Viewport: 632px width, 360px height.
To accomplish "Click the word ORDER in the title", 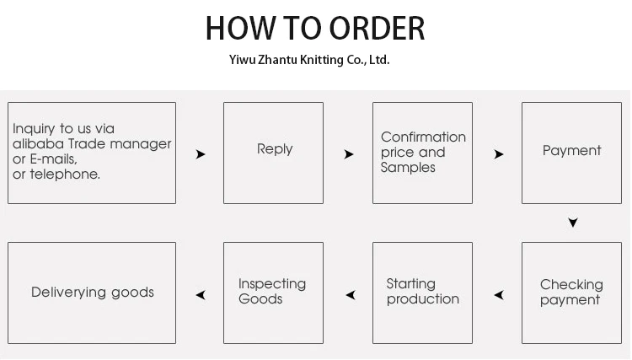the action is [377, 28].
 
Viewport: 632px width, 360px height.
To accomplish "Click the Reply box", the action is [274, 153].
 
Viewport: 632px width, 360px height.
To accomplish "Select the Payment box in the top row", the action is [571, 153].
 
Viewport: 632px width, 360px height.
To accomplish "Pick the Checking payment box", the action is [571, 293].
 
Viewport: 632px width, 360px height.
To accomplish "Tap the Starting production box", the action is [422, 293].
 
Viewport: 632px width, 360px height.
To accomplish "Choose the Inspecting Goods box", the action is [273, 293].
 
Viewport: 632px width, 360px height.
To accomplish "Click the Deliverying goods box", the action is [92, 293].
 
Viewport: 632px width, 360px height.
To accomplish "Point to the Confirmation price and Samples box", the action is [422, 153].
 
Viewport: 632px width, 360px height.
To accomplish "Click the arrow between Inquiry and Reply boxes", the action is [201, 154].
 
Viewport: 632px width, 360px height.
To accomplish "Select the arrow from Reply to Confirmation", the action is [349, 154].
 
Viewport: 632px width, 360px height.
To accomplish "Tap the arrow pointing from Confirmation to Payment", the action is [499, 154].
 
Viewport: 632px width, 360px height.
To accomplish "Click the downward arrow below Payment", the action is [573, 223].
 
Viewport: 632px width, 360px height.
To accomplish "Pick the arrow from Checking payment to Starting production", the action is [499, 295].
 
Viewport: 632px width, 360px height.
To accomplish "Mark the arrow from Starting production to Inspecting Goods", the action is [351, 295].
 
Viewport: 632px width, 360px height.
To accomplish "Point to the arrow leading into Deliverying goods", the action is [201, 295].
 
